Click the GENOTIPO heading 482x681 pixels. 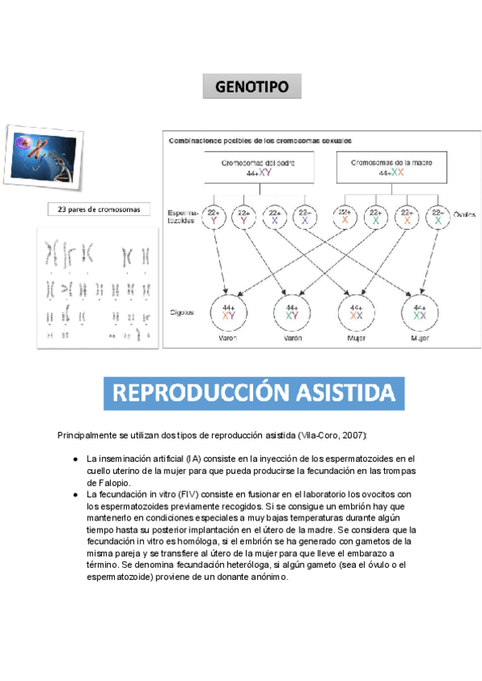click(x=251, y=87)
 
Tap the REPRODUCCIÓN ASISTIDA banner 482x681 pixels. click(x=253, y=393)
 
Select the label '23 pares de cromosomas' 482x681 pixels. click(x=99, y=210)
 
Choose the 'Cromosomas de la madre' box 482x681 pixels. click(x=391, y=167)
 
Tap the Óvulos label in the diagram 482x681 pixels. click(x=464, y=214)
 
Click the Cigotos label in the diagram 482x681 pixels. click(x=181, y=312)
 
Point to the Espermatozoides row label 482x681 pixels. click(x=182, y=215)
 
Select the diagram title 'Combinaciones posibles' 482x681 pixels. click(x=259, y=140)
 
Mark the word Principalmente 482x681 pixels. click(x=86, y=434)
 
